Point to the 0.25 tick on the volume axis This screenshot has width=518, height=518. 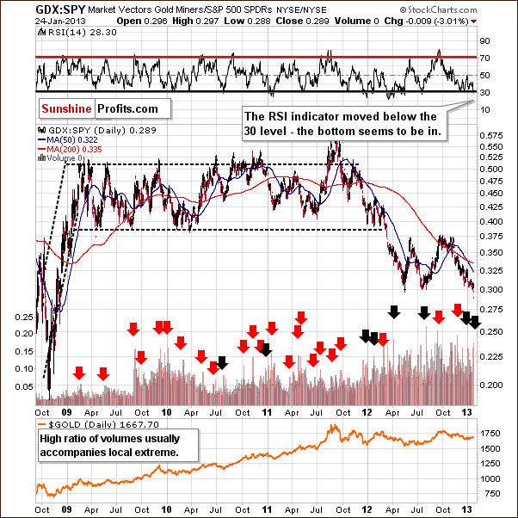point(23,317)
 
